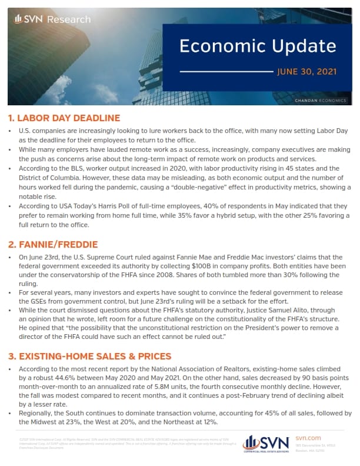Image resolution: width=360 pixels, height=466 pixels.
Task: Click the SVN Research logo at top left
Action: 52,19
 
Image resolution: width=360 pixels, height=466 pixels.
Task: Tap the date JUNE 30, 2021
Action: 306,72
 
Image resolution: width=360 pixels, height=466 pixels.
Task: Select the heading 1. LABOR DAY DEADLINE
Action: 64,118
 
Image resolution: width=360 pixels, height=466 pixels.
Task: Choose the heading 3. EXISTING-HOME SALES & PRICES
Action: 90,356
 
